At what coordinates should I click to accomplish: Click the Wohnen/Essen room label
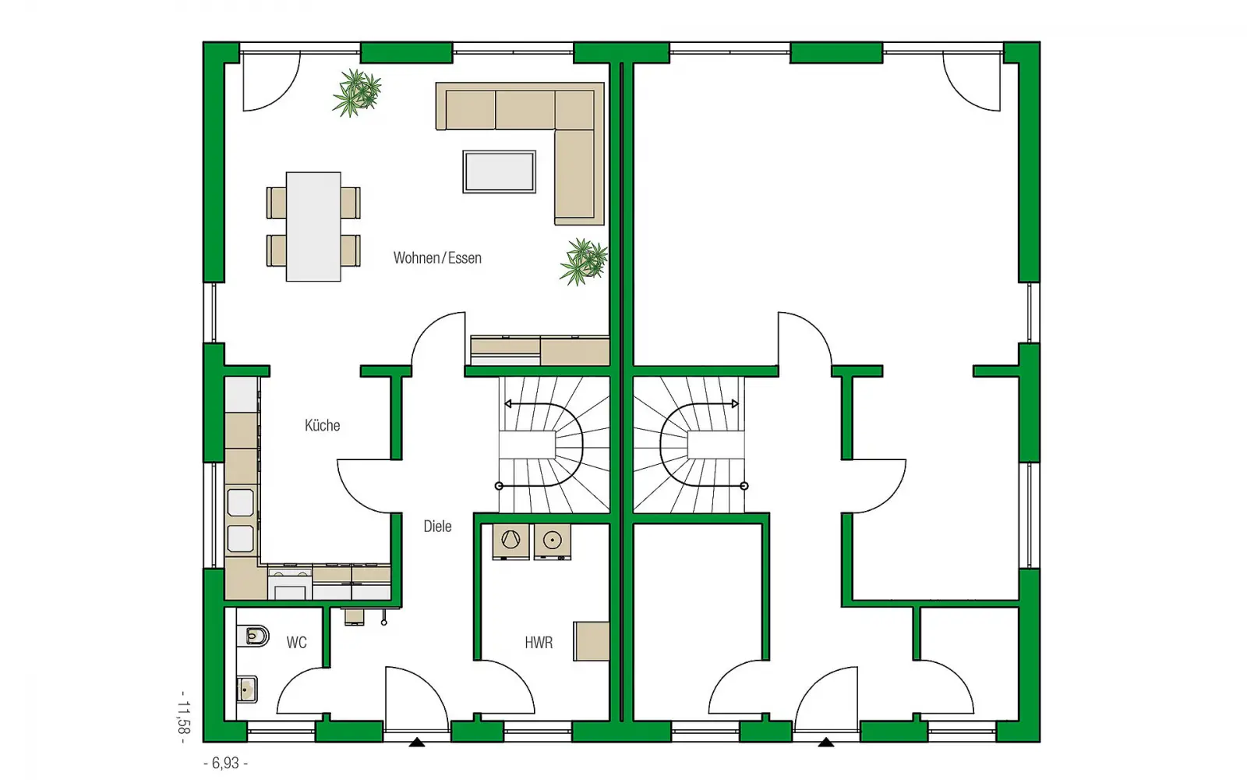(x=437, y=258)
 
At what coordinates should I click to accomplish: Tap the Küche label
(x=323, y=426)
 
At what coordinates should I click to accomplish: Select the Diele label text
(x=437, y=526)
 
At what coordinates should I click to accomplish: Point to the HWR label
(x=539, y=643)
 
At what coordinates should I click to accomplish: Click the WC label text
(x=296, y=643)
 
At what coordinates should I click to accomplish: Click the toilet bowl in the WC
(x=253, y=636)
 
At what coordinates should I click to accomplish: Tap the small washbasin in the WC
(x=246, y=690)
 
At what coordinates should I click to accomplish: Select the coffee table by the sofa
(x=500, y=172)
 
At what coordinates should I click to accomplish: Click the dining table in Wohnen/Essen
(x=313, y=226)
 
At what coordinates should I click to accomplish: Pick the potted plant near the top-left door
(x=358, y=93)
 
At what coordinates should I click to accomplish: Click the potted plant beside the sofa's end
(x=584, y=262)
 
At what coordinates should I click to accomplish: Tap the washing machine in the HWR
(x=511, y=541)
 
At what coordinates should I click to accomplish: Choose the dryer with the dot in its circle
(x=553, y=541)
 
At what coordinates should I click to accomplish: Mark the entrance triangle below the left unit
(x=417, y=742)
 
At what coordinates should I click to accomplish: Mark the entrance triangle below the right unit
(x=826, y=742)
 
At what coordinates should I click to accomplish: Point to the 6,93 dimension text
(x=226, y=763)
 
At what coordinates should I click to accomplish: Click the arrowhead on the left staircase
(x=507, y=403)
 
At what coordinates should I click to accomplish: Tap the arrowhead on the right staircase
(x=736, y=403)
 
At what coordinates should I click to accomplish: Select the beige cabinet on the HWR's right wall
(x=592, y=641)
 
